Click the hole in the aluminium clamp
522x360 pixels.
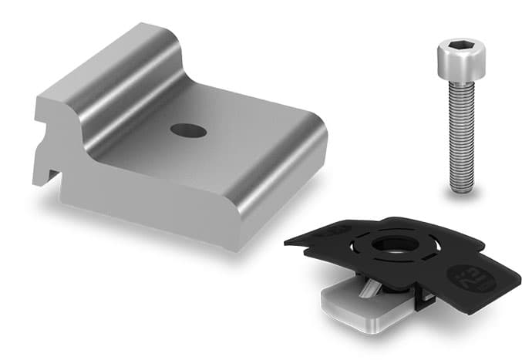(x=189, y=130)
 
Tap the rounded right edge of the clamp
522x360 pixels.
(x=312, y=154)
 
